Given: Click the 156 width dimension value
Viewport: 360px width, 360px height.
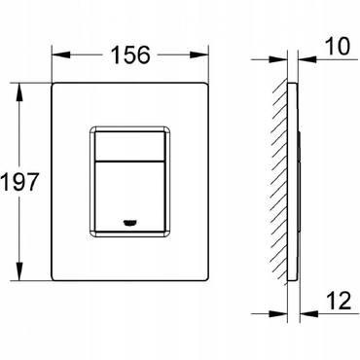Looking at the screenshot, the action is point(130,54).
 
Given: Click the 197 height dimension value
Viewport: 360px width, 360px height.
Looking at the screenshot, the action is point(20,182).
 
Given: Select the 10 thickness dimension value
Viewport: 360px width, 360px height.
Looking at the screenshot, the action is point(339,47).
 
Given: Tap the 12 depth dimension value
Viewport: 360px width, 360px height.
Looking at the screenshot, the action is point(340,301).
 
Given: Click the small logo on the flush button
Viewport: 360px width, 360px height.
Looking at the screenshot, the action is point(130,222).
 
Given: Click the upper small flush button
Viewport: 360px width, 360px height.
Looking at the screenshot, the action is point(130,146).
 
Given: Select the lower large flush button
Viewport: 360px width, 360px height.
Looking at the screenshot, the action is point(130,197).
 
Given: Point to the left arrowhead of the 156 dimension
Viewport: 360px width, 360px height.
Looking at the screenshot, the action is point(61,54).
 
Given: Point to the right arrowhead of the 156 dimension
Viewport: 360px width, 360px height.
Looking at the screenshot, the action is point(198,54).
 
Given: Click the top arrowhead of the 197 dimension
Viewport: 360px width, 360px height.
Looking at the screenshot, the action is point(20,92).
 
